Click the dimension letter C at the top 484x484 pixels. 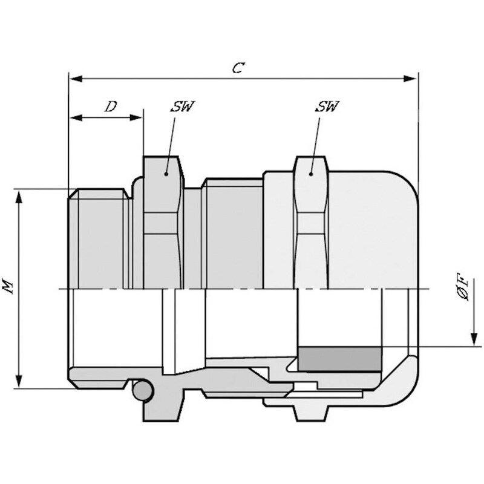[x=238, y=68]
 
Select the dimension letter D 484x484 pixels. [x=111, y=106]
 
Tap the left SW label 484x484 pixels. [x=182, y=106]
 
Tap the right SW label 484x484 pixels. [x=327, y=106]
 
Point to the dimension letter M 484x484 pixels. [x=8, y=285]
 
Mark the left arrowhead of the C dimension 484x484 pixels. [x=76, y=79]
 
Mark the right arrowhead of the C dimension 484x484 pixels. [x=410, y=79]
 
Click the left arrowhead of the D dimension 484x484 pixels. [x=76, y=117]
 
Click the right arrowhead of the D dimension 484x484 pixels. [x=136, y=117]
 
